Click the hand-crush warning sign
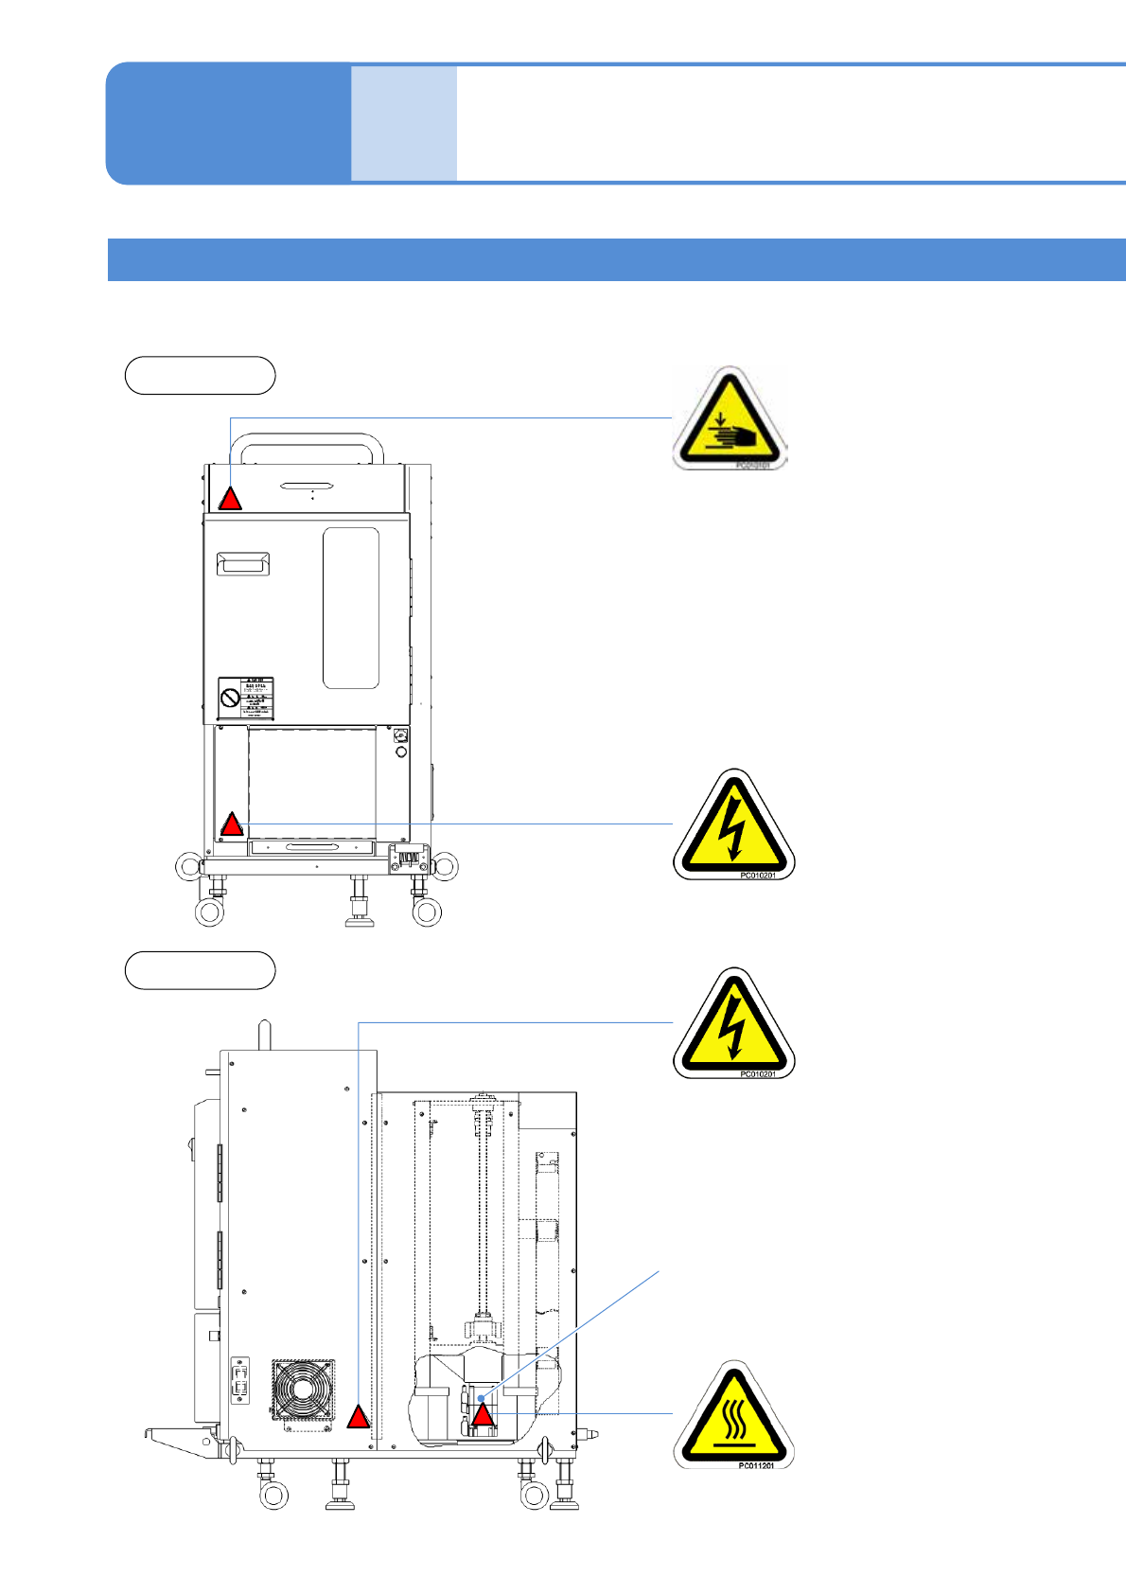pos(730,419)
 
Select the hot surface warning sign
pos(733,1416)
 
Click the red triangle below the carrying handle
pos(230,499)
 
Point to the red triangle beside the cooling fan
pos(358,1417)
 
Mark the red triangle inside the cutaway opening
pos(483,1416)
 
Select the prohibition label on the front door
pos(246,699)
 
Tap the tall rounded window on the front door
pos(351,608)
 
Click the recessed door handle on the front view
pos(243,564)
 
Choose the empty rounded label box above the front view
pos(200,376)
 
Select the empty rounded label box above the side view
pos(200,970)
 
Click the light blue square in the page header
pos(404,123)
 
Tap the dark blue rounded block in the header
pos(228,123)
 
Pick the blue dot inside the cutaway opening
pos(481,1398)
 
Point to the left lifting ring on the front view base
pos(189,865)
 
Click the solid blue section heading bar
pos(616,259)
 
